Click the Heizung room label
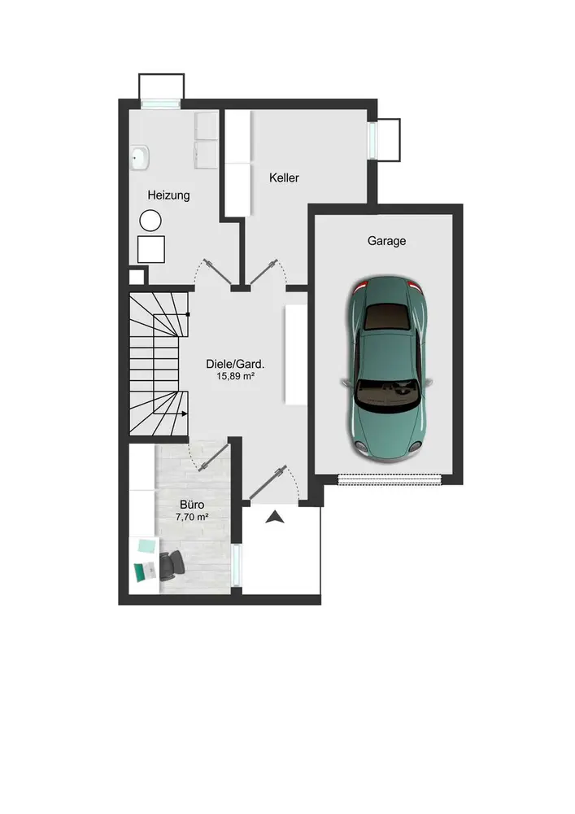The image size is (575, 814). (x=168, y=195)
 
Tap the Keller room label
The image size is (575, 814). (x=284, y=178)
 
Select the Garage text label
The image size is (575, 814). (x=387, y=241)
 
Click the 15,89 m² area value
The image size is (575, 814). (x=235, y=376)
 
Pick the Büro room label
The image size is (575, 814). (x=192, y=505)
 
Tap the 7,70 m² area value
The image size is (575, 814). (x=192, y=517)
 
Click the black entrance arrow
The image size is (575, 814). (x=274, y=517)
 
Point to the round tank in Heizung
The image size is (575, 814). (x=150, y=221)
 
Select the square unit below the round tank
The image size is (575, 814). (x=151, y=249)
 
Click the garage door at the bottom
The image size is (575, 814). (x=390, y=479)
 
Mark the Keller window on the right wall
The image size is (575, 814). (x=372, y=140)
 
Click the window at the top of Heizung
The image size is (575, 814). (x=161, y=103)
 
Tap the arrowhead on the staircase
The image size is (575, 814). (x=184, y=414)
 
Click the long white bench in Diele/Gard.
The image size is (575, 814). (x=296, y=355)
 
